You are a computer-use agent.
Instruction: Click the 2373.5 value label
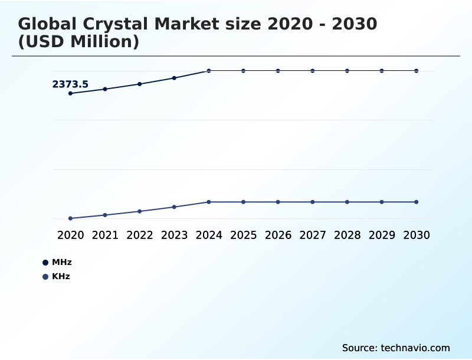point(70,84)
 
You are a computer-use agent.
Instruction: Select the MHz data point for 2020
point(70,93)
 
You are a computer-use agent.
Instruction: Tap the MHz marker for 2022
point(140,84)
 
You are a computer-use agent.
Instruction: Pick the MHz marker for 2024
point(209,71)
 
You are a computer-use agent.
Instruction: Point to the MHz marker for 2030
point(416,71)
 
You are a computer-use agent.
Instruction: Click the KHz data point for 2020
point(70,218)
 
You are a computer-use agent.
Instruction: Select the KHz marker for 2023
point(174,207)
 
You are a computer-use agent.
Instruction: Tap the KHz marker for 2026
point(278,202)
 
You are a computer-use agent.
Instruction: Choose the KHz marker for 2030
point(416,202)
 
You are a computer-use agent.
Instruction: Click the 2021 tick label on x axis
point(105,235)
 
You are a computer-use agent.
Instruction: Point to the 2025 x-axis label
point(243,235)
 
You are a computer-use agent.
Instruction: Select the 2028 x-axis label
point(347,235)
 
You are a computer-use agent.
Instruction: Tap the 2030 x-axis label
point(416,235)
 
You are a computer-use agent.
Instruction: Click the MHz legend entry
point(57,262)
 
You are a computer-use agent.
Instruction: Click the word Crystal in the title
point(122,24)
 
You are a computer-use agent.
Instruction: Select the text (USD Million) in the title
point(78,42)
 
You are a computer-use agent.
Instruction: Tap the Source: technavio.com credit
point(396,348)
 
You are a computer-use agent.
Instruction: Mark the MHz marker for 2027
point(313,71)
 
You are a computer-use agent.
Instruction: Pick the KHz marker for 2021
point(105,215)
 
